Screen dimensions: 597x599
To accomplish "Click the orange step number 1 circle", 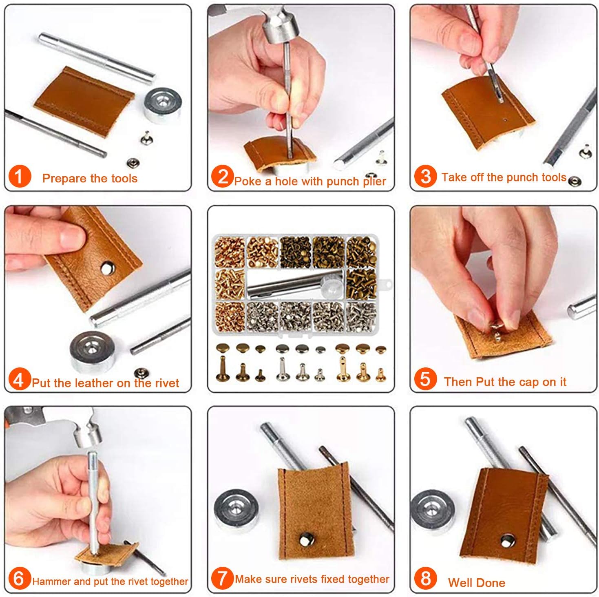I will pos(19,177).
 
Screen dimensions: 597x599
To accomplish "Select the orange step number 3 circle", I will pos(425,176).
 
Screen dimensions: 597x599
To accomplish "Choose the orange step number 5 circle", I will pos(425,379).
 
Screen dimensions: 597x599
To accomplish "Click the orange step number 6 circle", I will pos(19,578).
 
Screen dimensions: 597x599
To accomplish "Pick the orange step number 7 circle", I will pos(222,578).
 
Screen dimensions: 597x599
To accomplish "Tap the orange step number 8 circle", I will pos(425,578).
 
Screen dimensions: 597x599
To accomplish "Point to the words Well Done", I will pos(476,583).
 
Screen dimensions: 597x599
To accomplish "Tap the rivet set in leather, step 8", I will pos(506,542).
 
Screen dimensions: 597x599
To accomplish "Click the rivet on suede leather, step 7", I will pos(305,540).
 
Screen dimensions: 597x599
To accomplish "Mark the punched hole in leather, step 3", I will pos(505,120).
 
